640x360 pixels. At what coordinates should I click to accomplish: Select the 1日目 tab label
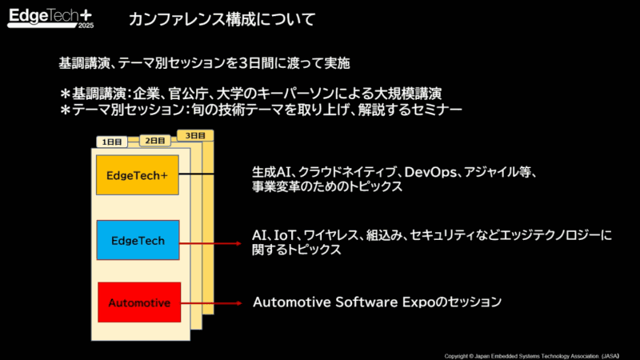(x=113, y=142)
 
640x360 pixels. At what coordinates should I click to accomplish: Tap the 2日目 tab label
(x=153, y=140)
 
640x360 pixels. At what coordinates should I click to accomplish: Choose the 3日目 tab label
(x=193, y=135)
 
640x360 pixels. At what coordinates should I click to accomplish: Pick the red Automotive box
(x=138, y=302)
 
